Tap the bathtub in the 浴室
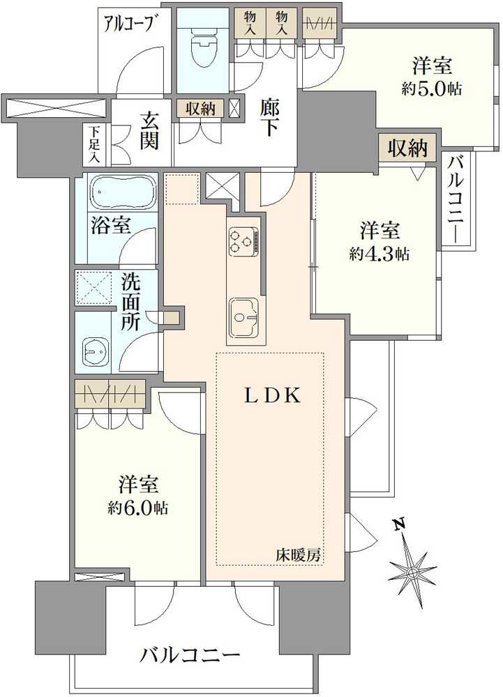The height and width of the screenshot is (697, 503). coord(119,191)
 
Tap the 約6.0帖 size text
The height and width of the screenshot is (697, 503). coord(138,507)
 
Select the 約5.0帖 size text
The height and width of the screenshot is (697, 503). coord(432,89)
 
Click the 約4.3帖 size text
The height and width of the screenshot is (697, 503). coord(379,254)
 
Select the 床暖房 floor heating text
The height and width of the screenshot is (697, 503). coord(297,555)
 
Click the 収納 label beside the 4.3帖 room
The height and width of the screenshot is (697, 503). coord(408,148)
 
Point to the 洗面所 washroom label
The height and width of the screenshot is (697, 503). coord(130,302)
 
